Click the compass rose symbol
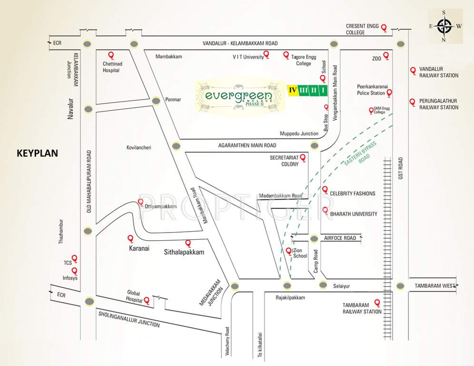point(444,26)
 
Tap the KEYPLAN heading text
point(37,153)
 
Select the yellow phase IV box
point(293,90)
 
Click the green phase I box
point(323,90)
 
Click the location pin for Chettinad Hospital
point(111,55)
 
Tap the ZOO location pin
point(386,56)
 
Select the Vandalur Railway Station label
point(438,72)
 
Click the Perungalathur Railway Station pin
point(413,102)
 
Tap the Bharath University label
point(354,214)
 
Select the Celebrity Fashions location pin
point(325,190)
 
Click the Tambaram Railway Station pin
point(378,303)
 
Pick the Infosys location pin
point(74,271)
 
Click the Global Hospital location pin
point(147,300)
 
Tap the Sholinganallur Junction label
point(128,319)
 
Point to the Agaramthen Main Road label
point(247,145)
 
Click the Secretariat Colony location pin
point(302,157)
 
